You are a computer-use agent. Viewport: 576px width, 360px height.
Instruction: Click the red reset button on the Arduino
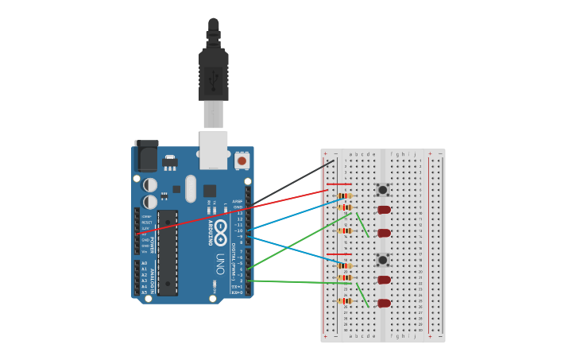pos(242,161)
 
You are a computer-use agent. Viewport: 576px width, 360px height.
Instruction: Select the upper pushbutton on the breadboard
pos(382,190)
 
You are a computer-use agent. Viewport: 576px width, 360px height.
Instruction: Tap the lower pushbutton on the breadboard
pos(382,260)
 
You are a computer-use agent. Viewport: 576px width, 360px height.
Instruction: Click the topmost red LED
pos(384,210)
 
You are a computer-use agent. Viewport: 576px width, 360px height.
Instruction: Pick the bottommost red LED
pos(384,303)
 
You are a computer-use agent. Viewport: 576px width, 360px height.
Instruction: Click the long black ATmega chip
pos(167,252)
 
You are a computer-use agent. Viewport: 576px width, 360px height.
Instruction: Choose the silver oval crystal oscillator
pos(191,188)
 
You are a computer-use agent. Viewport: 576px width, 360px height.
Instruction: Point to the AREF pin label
pos(237,201)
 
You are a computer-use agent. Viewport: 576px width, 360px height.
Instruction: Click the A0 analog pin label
pos(145,263)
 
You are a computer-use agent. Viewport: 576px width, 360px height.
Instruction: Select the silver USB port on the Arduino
pos(213,150)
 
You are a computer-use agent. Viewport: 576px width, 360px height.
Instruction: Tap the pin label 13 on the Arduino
pos(239,213)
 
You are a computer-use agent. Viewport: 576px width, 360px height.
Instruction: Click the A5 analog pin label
pos(145,292)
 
